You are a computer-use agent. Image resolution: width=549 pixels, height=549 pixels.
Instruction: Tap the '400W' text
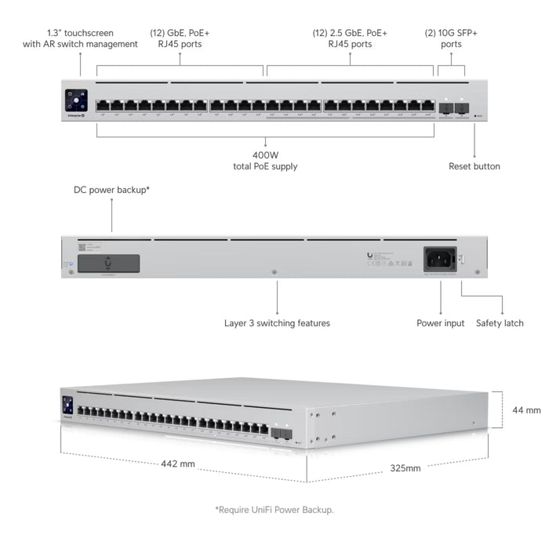pyautogui.click(x=265, y=155)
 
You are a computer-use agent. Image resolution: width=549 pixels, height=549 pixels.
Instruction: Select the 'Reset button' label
pyautogui.click(x=474, y=166)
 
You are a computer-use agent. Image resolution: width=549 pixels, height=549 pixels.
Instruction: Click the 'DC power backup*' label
pyautogui.click(x=111, y=190)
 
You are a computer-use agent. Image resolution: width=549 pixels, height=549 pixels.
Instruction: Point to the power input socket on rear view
pyautogui.click(x=439, y=258)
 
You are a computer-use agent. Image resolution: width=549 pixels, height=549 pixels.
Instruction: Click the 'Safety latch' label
pyautogui.click(x=500, y=323)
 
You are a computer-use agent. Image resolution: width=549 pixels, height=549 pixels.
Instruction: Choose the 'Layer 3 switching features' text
pyautogui.click(x=277, y=323)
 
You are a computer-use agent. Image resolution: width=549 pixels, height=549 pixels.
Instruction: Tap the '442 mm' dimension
pyautogui.click(x=178, y=464)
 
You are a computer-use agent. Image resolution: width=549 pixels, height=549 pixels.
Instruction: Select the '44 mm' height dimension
pyautogui.click(x=526, y=410)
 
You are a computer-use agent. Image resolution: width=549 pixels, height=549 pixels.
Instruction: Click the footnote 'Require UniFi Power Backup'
pyautogui.click(x=274, y=510)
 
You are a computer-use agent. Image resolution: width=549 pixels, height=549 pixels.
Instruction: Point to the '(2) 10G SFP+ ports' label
pyautogui.click(x=451, y=38)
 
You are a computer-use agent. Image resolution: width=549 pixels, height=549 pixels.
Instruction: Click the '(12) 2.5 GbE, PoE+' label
pyautogui.click(x=350, y=33)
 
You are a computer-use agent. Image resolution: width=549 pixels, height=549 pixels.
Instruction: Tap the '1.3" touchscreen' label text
pyautogui.click(x=79, y=33)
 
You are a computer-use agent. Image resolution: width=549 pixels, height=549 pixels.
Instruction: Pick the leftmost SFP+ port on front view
pyautogui.click(x=445, y=106)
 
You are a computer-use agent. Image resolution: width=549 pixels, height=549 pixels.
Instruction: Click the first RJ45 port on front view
pyautogui.click(x=102, y=105)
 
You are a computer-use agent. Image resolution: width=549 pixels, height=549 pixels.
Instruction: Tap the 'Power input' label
pyautogui.click(x=440, y=323)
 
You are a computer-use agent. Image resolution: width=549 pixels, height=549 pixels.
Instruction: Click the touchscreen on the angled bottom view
pyautogui.click(x=67, y=405)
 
